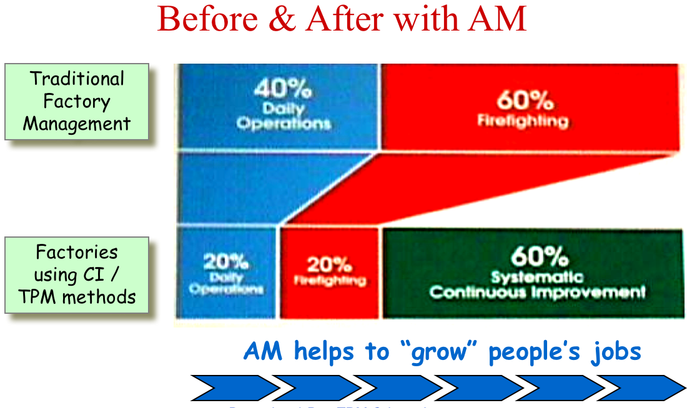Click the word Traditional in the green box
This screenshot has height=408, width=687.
[x=77, y=79]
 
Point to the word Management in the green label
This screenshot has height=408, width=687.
[x=77, y=123]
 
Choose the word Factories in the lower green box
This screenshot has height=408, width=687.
[x=76, y=253]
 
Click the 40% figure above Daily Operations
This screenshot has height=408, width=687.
[x=283, y=89]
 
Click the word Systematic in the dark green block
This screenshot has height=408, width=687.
[x=537, y=277]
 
